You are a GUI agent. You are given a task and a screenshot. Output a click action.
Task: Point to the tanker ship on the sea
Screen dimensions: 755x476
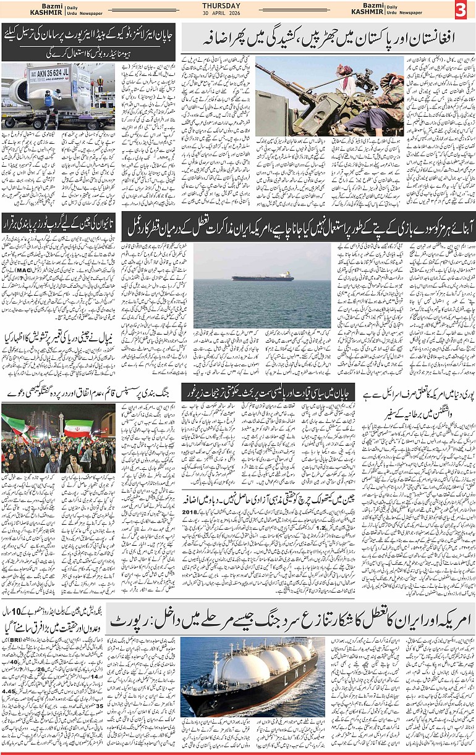coord(262,277)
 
